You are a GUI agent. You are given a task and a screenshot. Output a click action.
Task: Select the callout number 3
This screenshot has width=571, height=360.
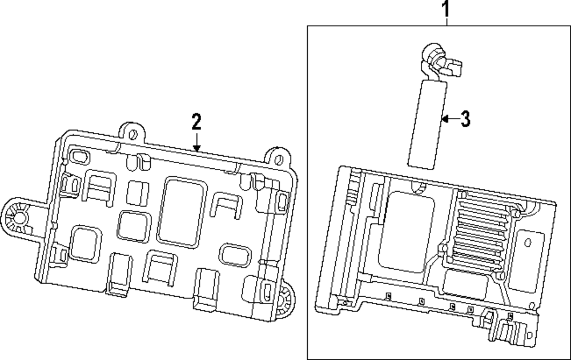click(465, 119)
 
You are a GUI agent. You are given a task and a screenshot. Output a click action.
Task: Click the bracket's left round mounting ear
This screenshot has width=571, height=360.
click(18, 217)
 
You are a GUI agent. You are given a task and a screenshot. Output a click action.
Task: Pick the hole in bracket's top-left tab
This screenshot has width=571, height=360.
click(132, 135)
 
